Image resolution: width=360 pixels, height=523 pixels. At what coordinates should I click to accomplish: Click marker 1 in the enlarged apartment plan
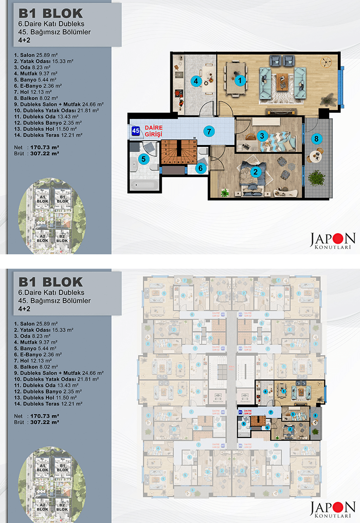(x=239, y=81)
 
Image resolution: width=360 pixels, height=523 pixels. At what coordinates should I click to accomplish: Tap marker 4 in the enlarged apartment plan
(x=195, y=81)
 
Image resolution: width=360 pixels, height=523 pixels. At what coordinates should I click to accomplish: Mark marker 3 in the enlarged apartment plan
(x=262, y=136)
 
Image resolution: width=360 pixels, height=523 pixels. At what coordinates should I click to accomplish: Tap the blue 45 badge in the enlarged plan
(x=136, y=130)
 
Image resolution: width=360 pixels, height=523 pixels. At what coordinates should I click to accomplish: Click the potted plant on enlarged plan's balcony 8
(x=316, y=178)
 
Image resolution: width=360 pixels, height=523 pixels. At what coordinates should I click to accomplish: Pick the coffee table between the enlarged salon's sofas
(x=283, y=80)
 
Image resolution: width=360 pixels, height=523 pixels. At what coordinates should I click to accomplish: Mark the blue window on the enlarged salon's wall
(x=341, y=85)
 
